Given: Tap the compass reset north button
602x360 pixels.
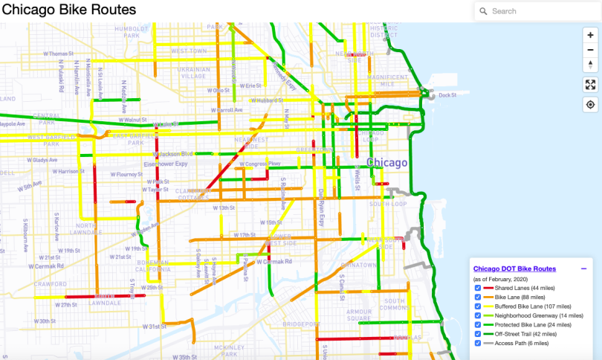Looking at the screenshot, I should click(x=590, y=64).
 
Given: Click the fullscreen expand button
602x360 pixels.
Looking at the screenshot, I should click(x=590, y=85).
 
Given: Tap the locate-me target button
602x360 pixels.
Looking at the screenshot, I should click(x=590, y=105).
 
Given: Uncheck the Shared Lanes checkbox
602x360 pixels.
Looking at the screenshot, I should click(x=478, y=288).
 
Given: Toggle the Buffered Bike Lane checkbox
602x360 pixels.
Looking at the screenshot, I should click(x=478, y=306).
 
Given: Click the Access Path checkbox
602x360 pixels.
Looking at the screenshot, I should click(x=478, y=343).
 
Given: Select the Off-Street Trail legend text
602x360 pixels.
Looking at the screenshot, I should click(x=525, y=334).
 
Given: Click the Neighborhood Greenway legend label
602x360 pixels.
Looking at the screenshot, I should click(x=531, y=315).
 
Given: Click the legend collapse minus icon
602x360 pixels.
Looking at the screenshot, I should click(x=583, y=269).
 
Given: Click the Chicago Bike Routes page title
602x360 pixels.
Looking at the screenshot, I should click(x=68, y=10).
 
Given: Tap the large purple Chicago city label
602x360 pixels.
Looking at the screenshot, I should click(x=386, y=163).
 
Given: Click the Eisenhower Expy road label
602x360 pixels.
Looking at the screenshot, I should click(x=172, y=164).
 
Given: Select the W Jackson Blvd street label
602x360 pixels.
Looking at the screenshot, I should click(x=172, y=154).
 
